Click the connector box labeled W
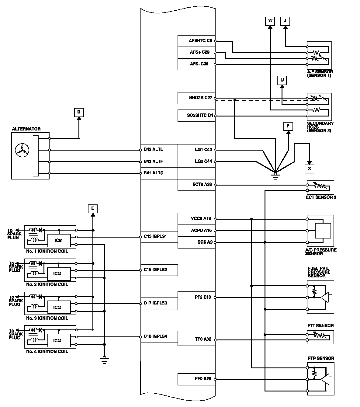270,21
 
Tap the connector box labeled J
285,21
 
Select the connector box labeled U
282,80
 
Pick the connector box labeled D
79,113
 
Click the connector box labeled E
93,209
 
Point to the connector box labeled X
310,169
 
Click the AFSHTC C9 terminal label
200,41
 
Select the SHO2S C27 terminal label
201,98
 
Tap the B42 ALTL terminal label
153,149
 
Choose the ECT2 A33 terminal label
202,184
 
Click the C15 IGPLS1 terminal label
155,236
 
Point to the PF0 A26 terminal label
203,379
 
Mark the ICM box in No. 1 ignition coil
59,241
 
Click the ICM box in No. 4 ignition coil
59,340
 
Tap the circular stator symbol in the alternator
22,150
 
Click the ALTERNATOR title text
26,129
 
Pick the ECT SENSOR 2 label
321,197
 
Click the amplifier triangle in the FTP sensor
325,379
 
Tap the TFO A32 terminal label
203,339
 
